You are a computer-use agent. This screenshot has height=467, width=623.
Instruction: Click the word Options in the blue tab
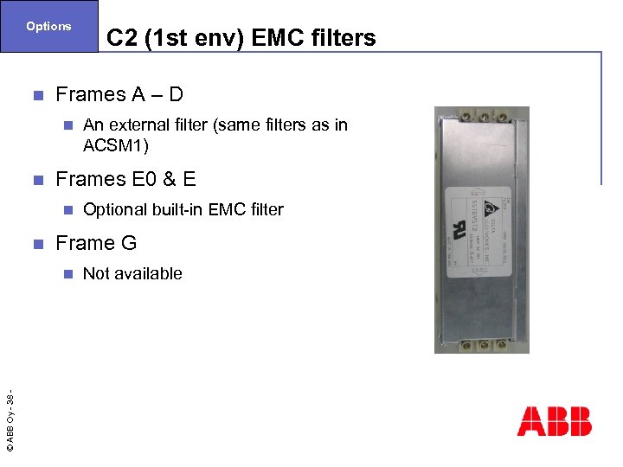(x=48, y=26)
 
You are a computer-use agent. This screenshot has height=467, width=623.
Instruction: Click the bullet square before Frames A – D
(x=35, y=94)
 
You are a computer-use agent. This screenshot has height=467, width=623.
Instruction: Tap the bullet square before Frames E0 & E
(x=35, y=180)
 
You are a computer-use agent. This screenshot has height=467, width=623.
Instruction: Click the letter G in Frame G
(x=129, y=243)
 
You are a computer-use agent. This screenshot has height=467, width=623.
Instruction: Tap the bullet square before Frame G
(x=35, y=244)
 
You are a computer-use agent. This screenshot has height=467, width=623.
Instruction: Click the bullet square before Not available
(x=68, y=274)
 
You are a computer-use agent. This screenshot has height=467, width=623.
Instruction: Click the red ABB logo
(x=554, y=421)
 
